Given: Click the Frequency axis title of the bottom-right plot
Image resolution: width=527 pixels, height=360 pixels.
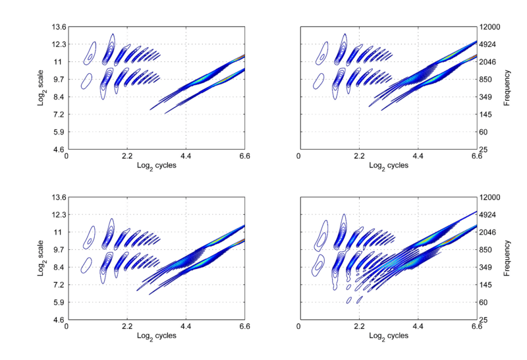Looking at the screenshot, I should click(x=507, y=258).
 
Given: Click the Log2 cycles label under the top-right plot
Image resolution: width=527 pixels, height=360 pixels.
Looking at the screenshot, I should click(x=387, y=165).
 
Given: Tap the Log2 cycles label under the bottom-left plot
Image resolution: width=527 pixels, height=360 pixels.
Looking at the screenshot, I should click(x=155, y=336).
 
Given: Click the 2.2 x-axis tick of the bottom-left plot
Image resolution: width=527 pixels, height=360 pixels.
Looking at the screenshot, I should click(x=126, y=327).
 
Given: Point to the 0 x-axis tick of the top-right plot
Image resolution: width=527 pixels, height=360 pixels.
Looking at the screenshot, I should click(x=299, y=157).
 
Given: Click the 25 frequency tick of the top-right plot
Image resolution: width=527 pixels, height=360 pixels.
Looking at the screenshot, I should click(x=484, y=150).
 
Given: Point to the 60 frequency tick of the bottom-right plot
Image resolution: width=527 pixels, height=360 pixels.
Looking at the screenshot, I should click(x=484, y=303).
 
